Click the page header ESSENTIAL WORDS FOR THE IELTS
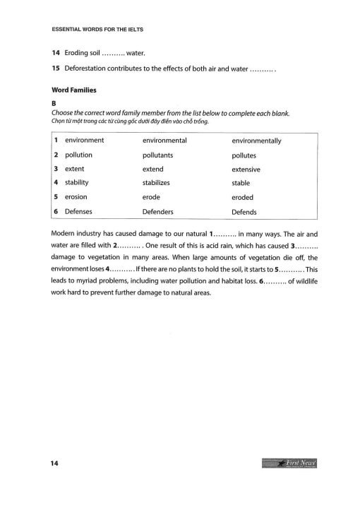coord(99,31)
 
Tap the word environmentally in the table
coord(256,141)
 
